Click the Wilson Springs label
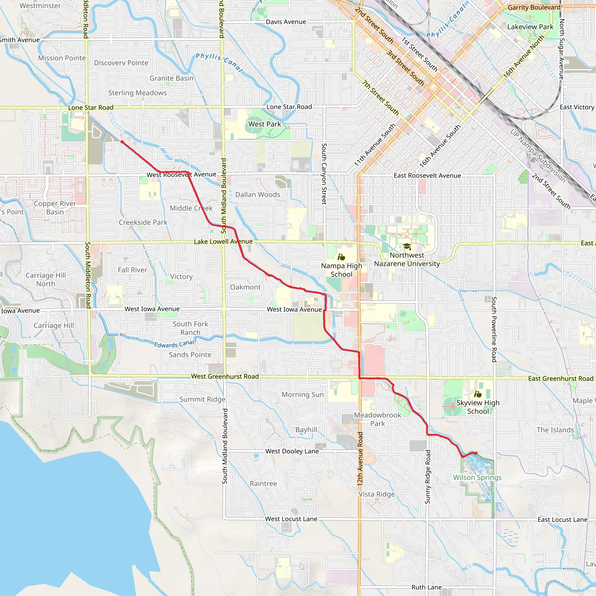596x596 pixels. pos(477,478)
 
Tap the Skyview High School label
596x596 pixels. pos(478,407)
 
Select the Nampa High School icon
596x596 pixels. pos(341,257)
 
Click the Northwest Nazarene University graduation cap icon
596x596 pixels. pos(407,246)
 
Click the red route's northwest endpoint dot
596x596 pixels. pos(122,142)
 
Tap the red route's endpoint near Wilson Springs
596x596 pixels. pos(476,453)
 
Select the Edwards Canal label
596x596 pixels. pos(174,344)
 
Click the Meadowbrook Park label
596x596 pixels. pos(377,419)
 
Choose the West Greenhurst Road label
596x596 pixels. pos(225,376)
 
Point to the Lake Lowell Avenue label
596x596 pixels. pos(223,242)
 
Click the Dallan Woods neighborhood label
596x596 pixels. pos(258,195)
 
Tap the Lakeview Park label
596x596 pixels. pos(530,27)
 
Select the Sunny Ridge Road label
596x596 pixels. pos(428,477)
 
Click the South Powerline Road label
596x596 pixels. pos(494,329)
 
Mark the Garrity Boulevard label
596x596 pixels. pos(534,7)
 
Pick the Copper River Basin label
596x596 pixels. pos(55,207)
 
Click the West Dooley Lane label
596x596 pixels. pos(292,451)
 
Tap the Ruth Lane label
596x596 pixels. pos(426,587)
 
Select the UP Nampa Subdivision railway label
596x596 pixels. pos(538,156)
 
